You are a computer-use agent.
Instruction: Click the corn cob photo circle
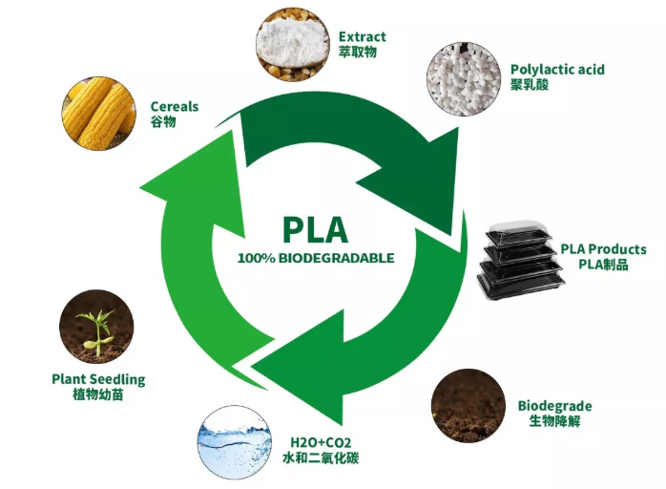tap(100, 113)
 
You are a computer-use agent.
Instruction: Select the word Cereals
tap(175, 106)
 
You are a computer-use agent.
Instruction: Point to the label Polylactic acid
tap(557, 70)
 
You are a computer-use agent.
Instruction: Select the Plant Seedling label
tap(98, 379)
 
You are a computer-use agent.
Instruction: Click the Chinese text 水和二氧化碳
tap(321, 458)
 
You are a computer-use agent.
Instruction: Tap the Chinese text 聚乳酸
tap(531, 85)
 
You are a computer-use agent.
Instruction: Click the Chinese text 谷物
tap(163, 121)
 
